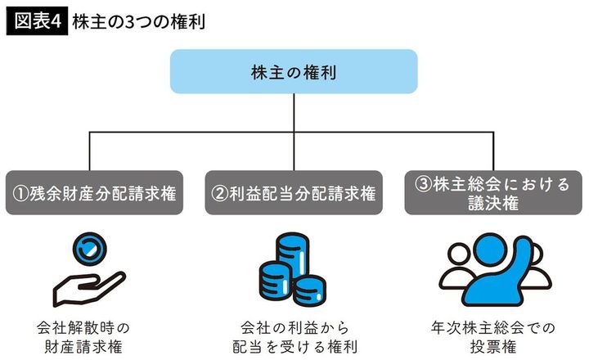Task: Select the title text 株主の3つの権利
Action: tap(137, 20)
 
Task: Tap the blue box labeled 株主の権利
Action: tap(294, 71)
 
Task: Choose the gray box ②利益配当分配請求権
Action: tap(294, 194)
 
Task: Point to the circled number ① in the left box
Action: tap(20, 195)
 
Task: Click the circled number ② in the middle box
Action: tap(218, 195)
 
